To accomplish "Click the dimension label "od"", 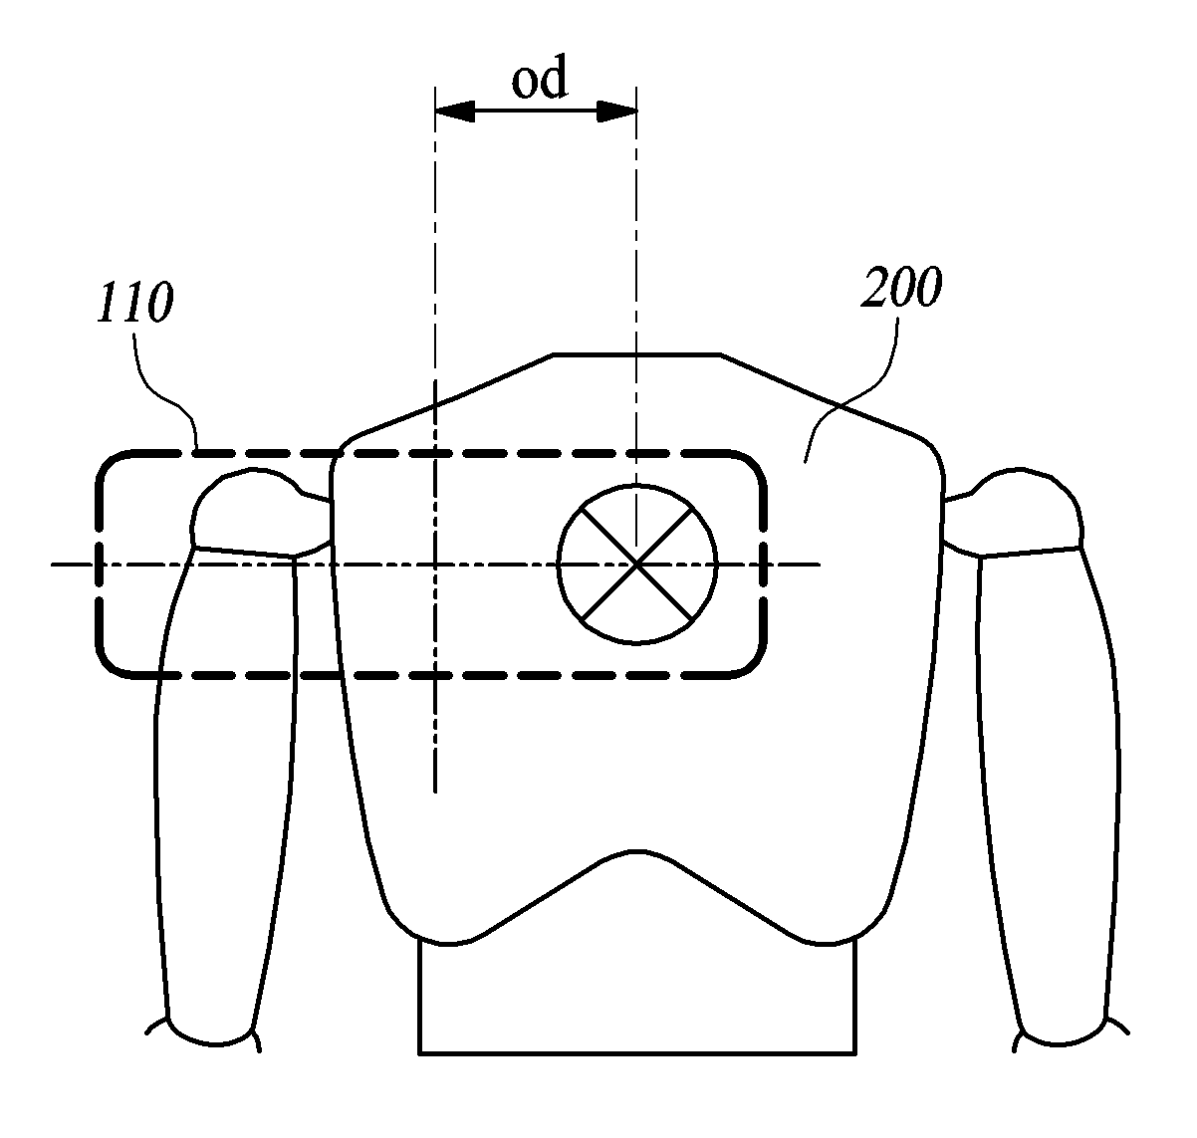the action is click(x=540, y=78).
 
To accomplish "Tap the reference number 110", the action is click(x=135, y=303).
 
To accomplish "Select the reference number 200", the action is click(x=901, y=287).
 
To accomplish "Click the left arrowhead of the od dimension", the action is click(x=454, y=112).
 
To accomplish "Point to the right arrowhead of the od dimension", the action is click(x=616, y=112).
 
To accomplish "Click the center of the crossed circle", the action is click(x=637, y=564).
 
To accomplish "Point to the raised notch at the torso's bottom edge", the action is click(x=637, y=851).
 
